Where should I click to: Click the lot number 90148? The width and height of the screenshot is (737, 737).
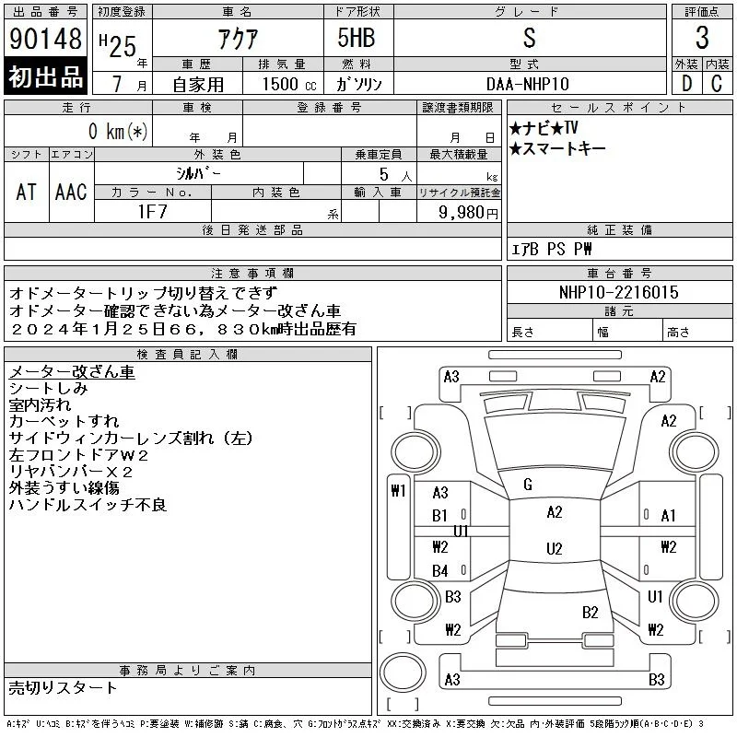tap(45, 38)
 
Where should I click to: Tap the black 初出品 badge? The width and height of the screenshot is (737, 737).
tap(45, 76)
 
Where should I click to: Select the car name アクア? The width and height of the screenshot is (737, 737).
tap(238, 39)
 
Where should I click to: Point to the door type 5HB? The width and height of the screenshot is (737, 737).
tap(357, 38)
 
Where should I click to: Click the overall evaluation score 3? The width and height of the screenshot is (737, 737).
tap(702, 38)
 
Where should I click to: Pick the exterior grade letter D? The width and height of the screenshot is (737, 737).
tap(686, 84)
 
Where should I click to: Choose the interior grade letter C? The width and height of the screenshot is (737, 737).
tap(717, 84)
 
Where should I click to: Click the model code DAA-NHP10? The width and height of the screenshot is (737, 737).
tap(527, 84)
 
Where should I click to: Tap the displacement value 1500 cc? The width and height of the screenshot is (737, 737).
tap(289, 84)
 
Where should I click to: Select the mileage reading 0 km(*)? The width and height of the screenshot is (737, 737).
tap(118, 131)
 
